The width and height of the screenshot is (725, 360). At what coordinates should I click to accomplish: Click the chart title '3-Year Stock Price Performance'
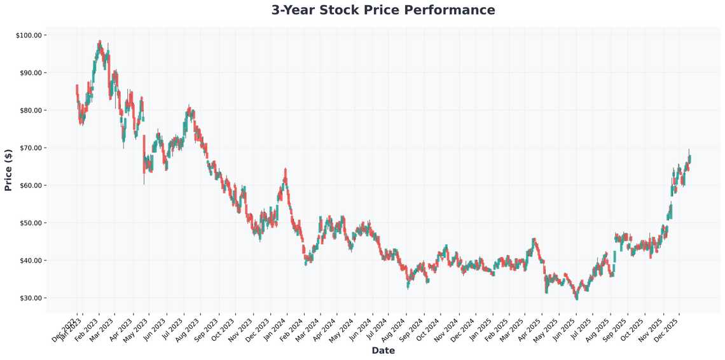coord(383,10)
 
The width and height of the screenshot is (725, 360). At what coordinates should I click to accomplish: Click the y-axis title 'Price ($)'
coord(8,170)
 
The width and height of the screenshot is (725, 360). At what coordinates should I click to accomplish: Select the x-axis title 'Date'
coord(383,350)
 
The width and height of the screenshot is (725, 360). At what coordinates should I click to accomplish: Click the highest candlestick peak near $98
coord(100,43)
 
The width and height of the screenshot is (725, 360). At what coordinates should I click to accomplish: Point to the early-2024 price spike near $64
coord(286,173)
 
